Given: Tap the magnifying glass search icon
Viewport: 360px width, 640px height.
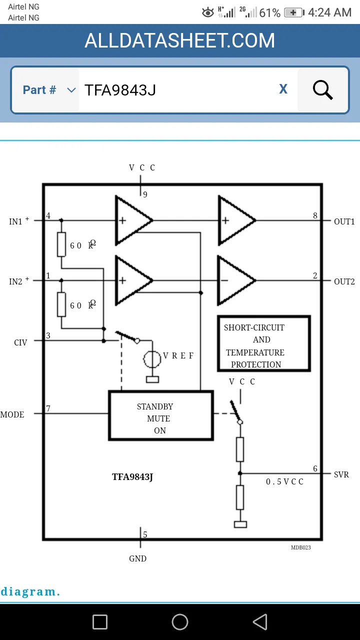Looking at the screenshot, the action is coord(323,89).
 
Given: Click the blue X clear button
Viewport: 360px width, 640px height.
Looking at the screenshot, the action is coord(283,89).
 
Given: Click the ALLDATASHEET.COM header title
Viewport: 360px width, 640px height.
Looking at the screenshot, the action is coord(179,40).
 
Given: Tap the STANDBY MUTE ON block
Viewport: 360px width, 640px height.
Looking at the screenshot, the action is coord(161,415).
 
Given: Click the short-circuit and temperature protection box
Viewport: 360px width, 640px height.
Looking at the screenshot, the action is coord(264,343).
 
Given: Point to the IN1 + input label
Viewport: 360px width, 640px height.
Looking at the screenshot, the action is coord(19,221).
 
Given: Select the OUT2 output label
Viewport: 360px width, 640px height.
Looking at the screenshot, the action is coord(344,281).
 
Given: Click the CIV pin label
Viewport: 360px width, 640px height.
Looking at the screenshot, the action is coord(20,342).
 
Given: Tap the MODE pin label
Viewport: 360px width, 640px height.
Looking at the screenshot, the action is coord(12,414).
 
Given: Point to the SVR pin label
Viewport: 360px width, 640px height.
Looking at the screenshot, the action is coord(341,474).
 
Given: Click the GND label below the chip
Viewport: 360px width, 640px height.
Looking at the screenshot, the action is coord(137,558).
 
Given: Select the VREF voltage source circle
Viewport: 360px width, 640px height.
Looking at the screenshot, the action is coord(152,359).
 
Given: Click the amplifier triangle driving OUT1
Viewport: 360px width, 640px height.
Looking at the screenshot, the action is coord(236,220).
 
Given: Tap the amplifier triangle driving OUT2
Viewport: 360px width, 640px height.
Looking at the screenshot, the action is coord(236,280).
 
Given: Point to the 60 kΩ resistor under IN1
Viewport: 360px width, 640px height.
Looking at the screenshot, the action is coord(61,244).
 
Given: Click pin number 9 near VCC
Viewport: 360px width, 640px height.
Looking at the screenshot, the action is coord(145,194).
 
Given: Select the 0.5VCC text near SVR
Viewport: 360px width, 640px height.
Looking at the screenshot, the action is coord(284,481).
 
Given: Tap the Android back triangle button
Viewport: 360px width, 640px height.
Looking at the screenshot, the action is coord(260,621).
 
